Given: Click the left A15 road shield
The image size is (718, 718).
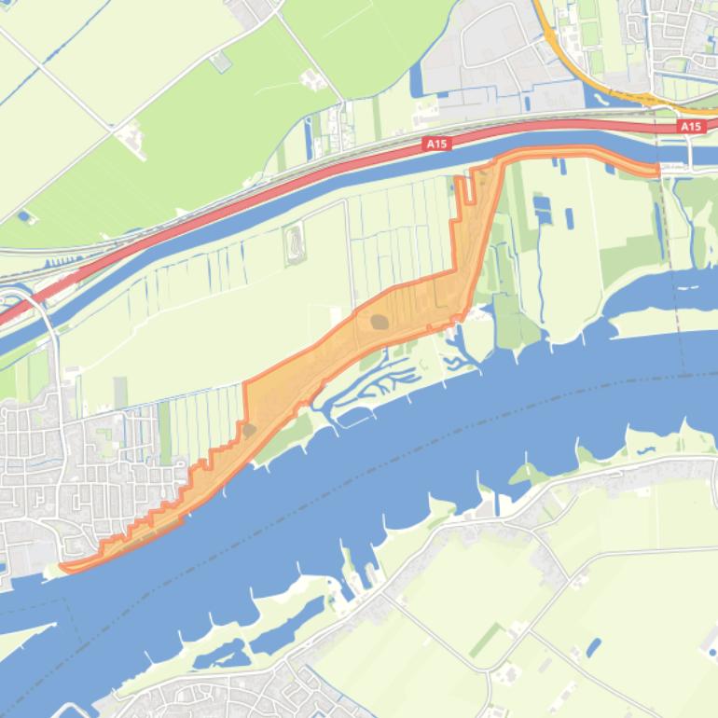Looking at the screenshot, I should (x=435, y=144).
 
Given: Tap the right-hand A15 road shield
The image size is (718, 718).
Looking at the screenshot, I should (x=690, y=126).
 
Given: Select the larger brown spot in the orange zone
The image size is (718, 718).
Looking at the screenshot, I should (x=380, y=322).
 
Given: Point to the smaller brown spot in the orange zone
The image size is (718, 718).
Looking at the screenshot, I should (x=249, y=430).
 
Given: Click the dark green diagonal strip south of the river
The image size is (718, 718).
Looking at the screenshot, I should (x=484, y=641).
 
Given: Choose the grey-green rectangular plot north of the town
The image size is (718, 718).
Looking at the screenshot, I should (x=120, y=393).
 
